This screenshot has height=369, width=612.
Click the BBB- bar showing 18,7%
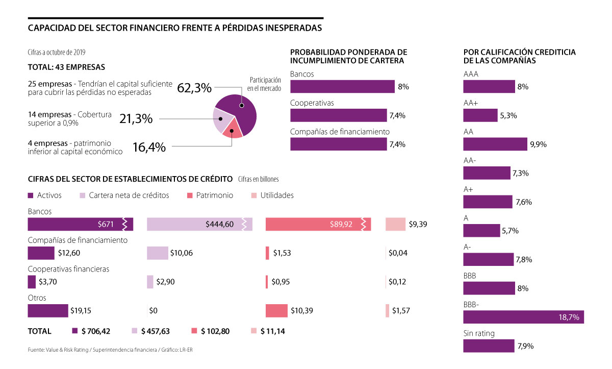click(523, 317)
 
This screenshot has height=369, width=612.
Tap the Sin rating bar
click(489, 346)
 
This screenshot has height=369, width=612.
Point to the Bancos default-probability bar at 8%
click(342, 87)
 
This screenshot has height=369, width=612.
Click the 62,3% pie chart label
click(194, 88)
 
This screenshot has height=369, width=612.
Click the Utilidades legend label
click(277, 195)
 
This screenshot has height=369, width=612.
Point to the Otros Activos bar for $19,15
click(47, 310)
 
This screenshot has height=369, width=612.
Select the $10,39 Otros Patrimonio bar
click(276, 310)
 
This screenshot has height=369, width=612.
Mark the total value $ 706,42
click(95, 331)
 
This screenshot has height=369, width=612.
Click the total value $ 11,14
click(272, 331)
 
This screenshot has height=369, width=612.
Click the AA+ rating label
click(471, 103)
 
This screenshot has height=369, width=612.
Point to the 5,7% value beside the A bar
click(510, 231)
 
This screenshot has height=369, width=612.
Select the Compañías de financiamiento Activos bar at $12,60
click(41, 253)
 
